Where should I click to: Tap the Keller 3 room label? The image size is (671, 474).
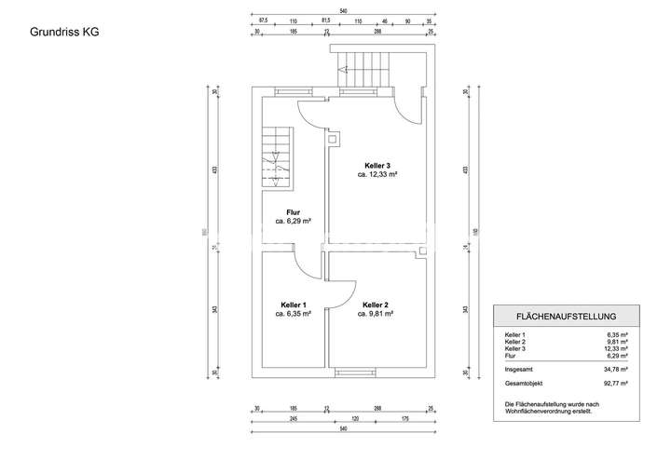click(x=377, y=165)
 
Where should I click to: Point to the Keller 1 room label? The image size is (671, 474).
click(x=293, y=305)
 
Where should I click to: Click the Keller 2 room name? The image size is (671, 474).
click(x=376, y=305)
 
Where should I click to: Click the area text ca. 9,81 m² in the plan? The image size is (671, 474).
click(x=376, y=315)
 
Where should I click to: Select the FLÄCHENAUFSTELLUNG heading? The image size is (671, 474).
click(x=567, y=316)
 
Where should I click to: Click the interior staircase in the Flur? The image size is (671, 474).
click(x=276, y=160)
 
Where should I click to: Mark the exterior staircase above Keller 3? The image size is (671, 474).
click(x=368, y=69)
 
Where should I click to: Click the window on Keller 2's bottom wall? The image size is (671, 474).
click(x=353, y=372)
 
